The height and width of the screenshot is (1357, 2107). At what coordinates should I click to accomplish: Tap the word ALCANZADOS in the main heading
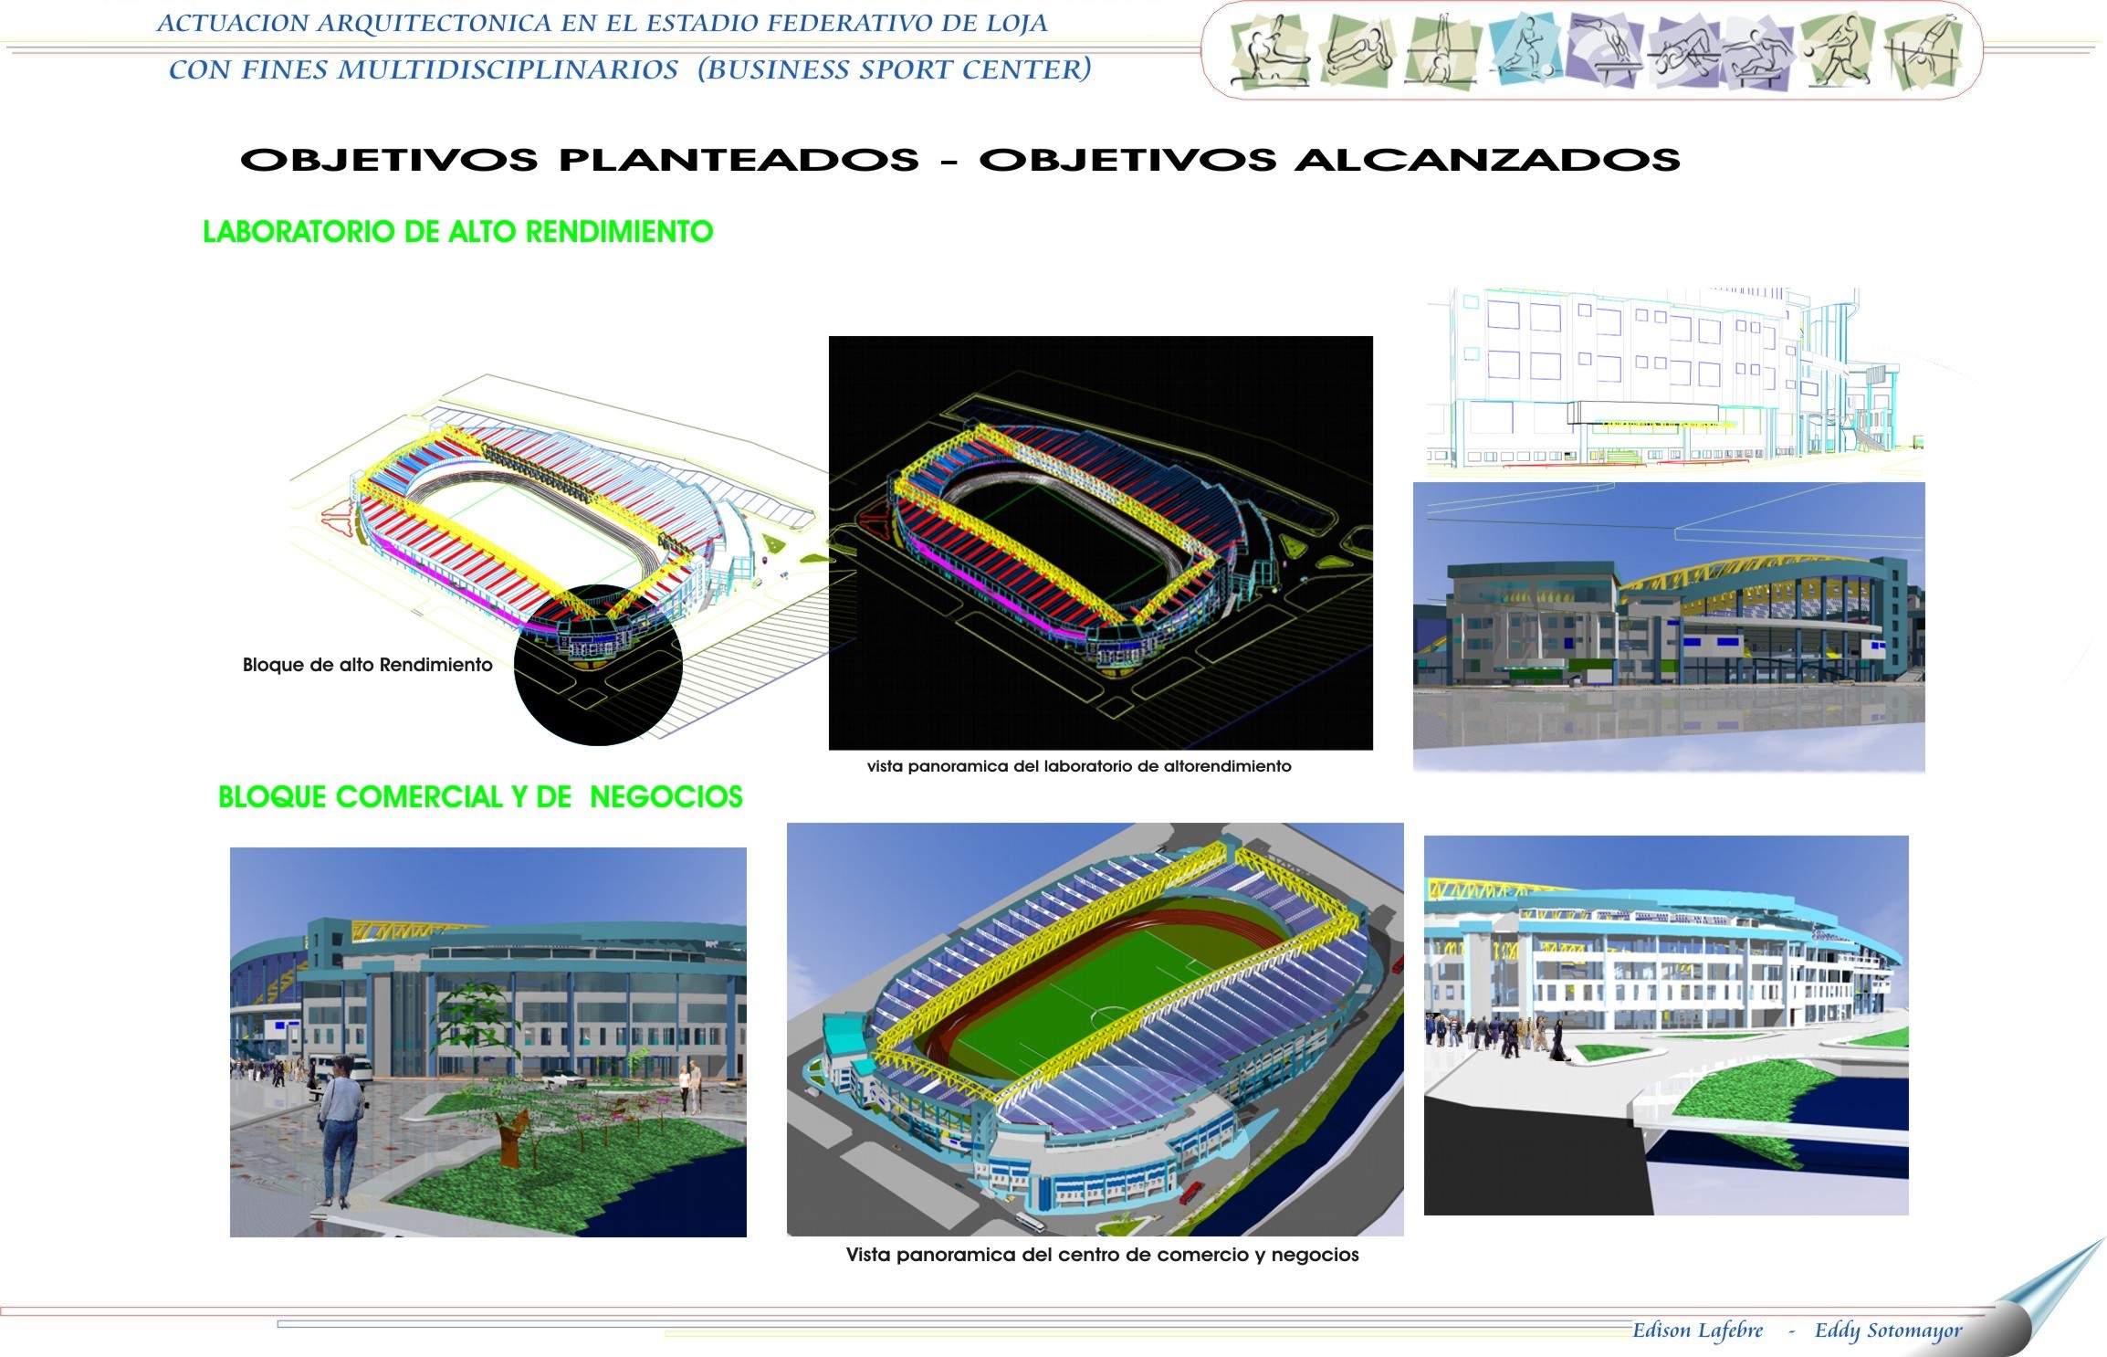pos(1487,160)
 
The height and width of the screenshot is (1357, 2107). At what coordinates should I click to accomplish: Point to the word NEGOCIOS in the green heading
pos(666,797)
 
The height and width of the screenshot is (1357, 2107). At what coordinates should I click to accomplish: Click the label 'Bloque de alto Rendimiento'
pos(367,665)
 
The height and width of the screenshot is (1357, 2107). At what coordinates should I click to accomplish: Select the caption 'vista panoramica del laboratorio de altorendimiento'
pos(1079,766)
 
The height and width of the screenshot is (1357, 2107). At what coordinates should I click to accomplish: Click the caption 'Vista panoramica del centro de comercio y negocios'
pos(1102,1255)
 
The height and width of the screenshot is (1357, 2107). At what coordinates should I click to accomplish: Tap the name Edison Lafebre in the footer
pos(1697,1331)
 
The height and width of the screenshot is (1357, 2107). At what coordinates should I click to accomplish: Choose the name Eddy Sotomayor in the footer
pos(1888,1331)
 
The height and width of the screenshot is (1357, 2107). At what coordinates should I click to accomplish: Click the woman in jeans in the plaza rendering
pos(341,1131)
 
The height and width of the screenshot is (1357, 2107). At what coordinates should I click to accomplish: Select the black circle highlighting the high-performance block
pos(598,666)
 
